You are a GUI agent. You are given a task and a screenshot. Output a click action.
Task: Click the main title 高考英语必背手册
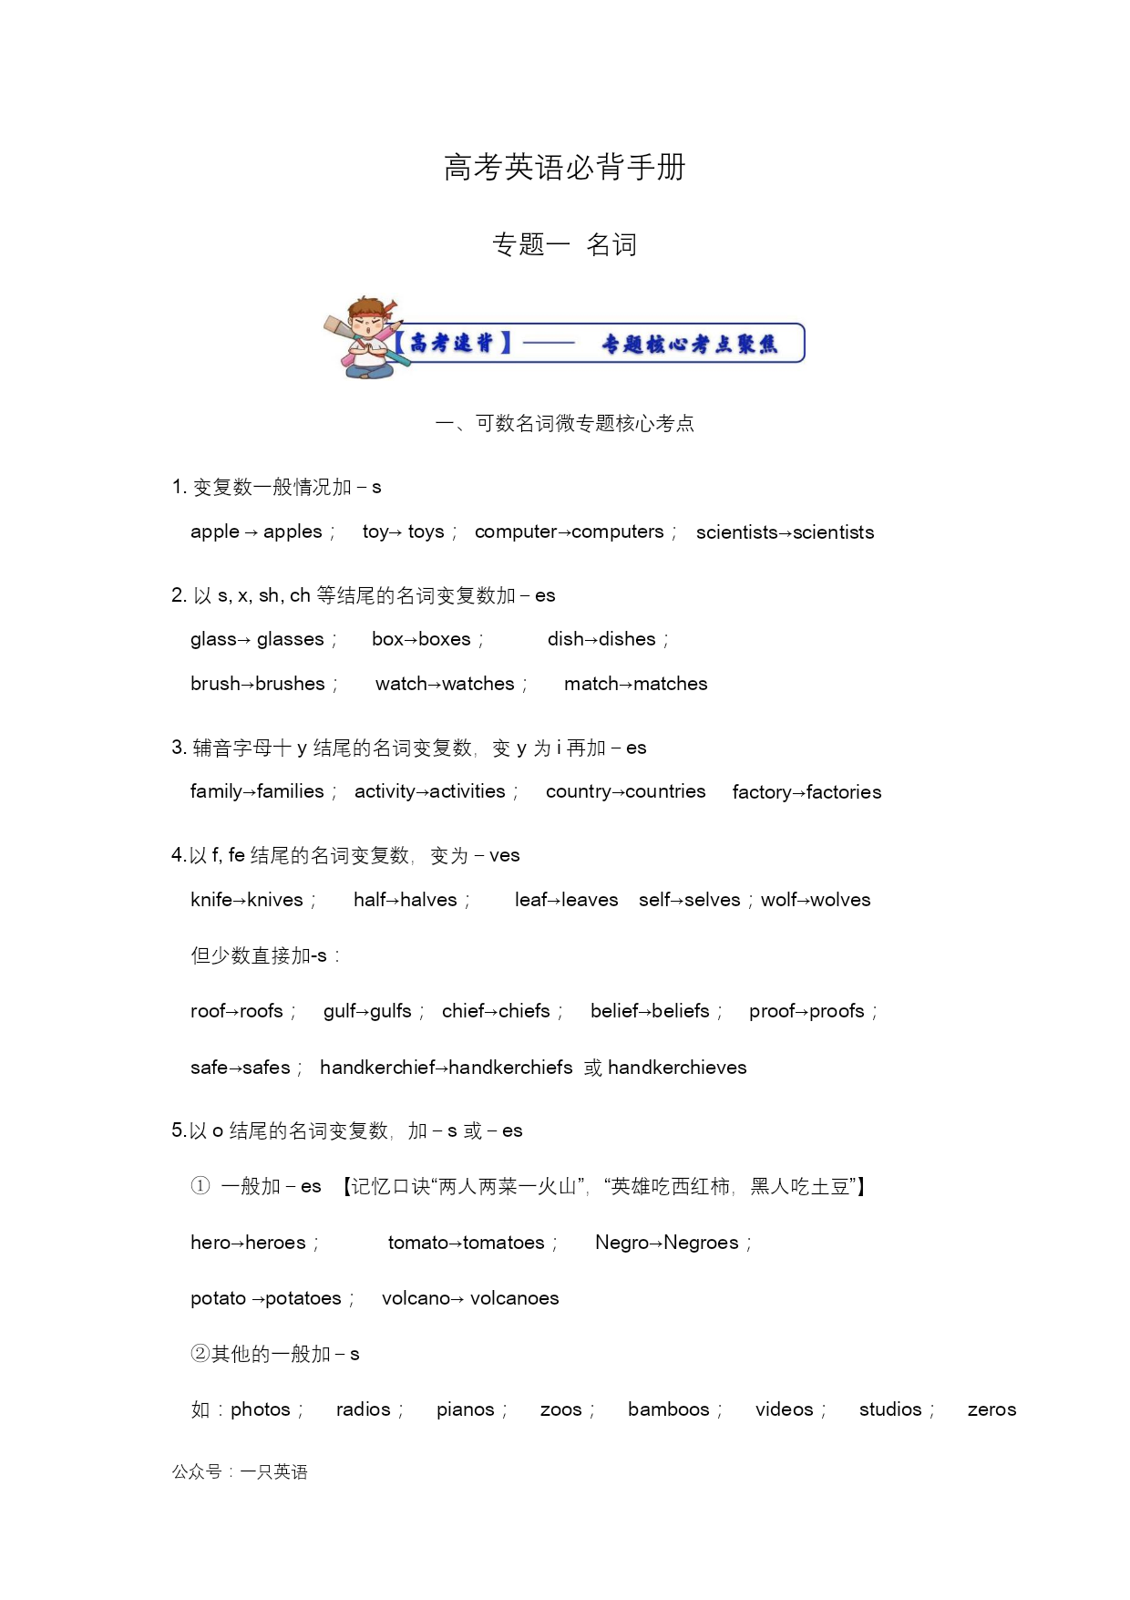[x=564, y=168]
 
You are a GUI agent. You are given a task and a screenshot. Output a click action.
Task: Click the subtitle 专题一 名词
[x=564, y=244]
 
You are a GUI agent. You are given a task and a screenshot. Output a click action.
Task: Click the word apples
[x=293, y=532]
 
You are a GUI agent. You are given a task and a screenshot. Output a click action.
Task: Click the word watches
[x=478, y=684]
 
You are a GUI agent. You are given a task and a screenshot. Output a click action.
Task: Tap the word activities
[x=467, y=791]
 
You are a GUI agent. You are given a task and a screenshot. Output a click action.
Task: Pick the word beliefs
[x=681, y=1011]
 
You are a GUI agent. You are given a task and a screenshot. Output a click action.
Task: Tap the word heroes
[x=275, y=1243]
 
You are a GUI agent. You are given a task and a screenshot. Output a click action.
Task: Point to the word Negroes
[x=701, y=1243]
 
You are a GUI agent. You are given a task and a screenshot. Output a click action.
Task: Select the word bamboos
[x=668, y=1409]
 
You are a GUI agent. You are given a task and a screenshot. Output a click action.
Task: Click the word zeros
[x=991, y=1409]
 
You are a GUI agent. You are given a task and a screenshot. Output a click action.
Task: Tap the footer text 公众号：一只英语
[x=240, y=1471]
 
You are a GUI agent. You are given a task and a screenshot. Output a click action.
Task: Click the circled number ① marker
[x=200, y=1186]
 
